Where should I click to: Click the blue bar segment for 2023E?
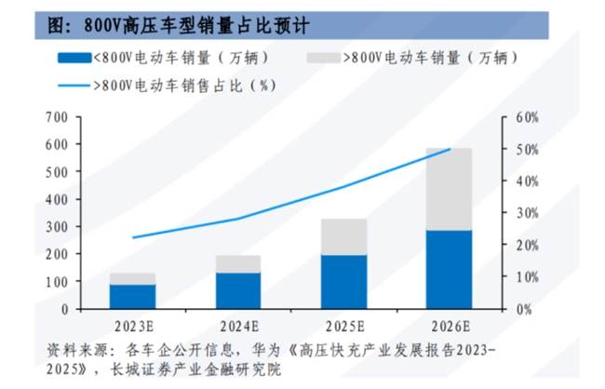[132, 296]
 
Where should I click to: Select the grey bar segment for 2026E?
[449, 189]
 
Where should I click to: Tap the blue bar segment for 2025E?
[343, 281]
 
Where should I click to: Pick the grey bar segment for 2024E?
[238, 263]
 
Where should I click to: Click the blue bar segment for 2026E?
[449, 269]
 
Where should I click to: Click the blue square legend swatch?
[74, 58]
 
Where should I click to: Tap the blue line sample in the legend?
[74, 85]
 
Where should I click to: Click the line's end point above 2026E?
[450, 149]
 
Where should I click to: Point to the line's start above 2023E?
[132, 238]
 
